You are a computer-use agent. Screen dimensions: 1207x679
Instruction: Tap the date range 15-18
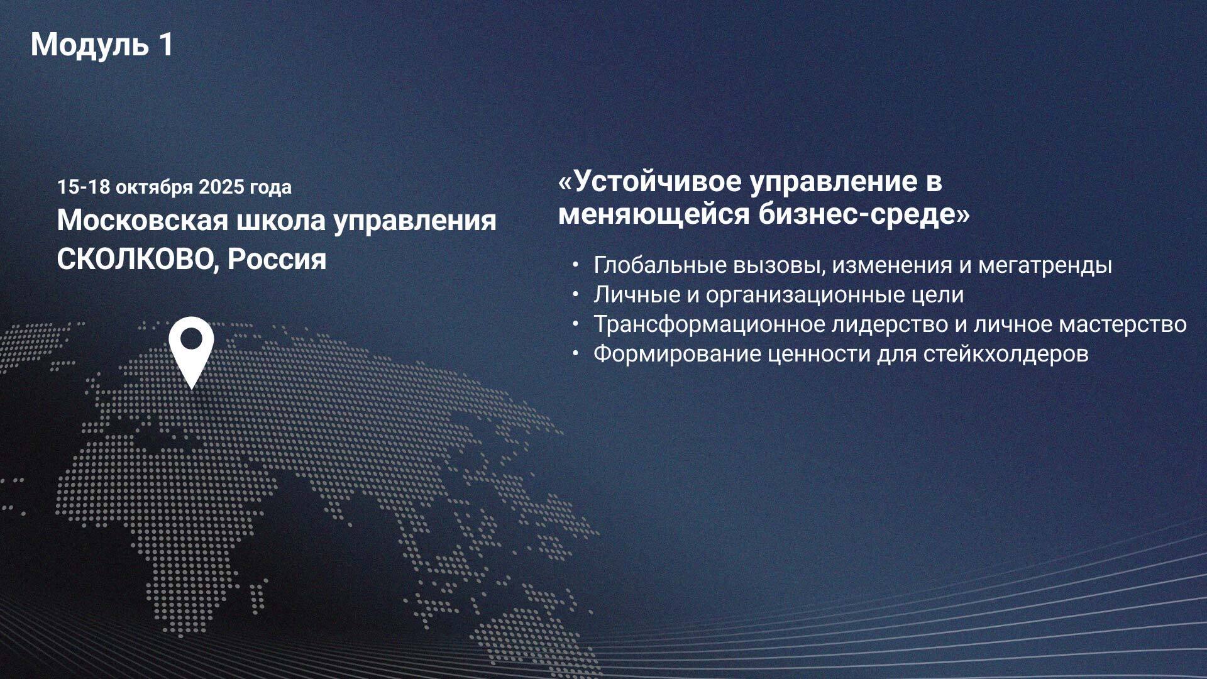(84, 187)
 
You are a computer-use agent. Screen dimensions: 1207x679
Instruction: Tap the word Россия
(277, 259)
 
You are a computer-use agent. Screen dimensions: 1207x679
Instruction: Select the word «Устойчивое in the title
(650, 182)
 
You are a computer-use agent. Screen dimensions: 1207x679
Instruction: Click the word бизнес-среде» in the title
(864, 214)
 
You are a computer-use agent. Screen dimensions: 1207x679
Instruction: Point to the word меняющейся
(654, 216)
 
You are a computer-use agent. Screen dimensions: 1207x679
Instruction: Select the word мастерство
(1123, 325)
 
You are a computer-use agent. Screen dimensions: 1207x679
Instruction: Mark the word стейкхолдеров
(1006, 355)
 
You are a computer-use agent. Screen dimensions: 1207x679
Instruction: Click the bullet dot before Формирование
(575, 353)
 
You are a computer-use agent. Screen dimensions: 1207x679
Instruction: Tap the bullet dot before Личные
(575, 294)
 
